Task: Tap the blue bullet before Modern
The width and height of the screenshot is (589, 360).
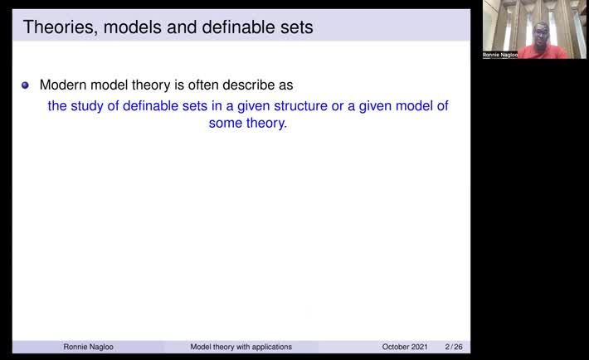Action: click(x=25, y=85)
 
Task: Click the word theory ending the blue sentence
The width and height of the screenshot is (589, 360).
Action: click(x=268, y=124)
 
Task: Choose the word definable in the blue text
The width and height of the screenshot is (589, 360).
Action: click(x=154, y=107)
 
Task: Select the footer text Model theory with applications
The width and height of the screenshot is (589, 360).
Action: click(x=241, y=347)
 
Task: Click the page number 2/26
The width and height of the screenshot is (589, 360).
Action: click(x=454, y=347)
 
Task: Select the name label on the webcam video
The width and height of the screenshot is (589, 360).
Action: click(x=499, y=55)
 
